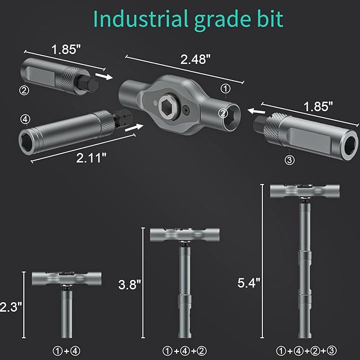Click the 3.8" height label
point(129,284)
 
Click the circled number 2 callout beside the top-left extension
point(23,90)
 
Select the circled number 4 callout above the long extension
point(23,118)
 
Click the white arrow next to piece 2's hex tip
point(108,77)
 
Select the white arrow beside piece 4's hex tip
point(136,127)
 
